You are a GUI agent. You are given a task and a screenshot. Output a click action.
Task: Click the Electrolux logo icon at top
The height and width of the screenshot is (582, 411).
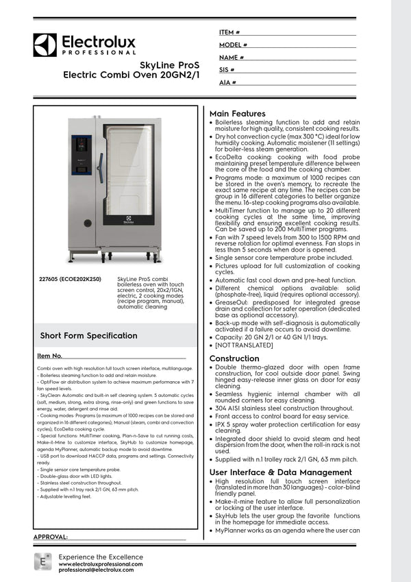(45, 45)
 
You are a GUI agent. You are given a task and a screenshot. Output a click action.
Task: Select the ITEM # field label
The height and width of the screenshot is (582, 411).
(229, 32)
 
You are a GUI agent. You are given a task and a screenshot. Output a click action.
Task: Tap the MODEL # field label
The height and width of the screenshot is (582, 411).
(233, 45)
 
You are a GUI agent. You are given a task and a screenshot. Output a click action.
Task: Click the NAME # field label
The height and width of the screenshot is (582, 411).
(232, 58)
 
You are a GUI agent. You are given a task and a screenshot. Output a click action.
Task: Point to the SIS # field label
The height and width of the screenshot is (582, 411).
(227, 70)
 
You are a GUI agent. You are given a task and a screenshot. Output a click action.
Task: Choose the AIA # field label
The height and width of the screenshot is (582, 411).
(227, 82)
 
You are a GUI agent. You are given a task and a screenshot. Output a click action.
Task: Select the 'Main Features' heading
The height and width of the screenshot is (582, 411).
(237, 114)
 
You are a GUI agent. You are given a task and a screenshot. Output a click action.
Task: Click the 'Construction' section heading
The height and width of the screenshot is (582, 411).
(234, 359)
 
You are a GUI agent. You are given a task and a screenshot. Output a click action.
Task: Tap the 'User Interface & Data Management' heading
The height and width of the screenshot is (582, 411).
(280, 472)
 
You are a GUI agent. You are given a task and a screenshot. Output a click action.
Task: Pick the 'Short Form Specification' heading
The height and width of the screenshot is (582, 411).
(88, 335)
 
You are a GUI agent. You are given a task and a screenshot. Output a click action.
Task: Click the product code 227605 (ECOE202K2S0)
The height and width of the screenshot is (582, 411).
(71, 280)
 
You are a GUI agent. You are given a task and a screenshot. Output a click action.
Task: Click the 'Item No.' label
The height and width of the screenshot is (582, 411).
(49, 356)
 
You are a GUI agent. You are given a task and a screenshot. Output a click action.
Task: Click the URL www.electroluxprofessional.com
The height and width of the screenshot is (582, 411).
(101, 563)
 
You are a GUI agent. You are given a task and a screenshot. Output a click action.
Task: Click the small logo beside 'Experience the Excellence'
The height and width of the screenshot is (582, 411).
(42, 561)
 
